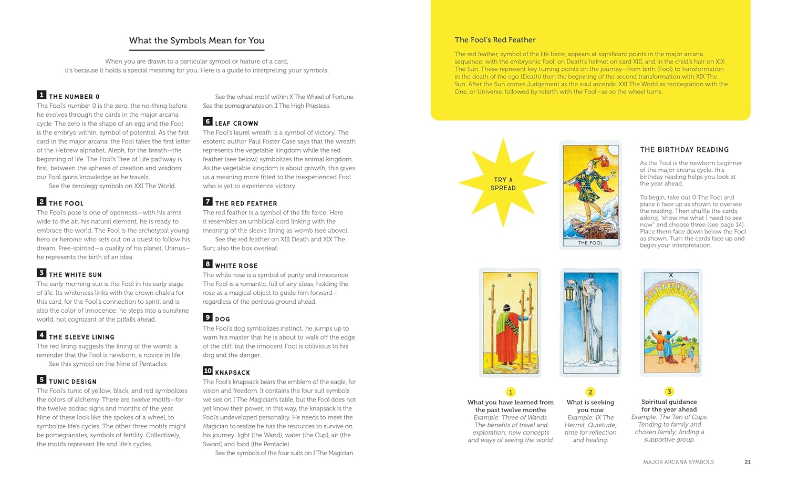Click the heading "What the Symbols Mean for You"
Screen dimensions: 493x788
[196, 40]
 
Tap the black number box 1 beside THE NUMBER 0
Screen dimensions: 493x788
[41, 95]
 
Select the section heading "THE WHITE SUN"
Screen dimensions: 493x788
[75, 275]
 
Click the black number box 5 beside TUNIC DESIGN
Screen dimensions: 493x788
[41, 379]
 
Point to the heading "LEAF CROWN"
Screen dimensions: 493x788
[236, 124]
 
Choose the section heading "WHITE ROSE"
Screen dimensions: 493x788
[236, 266]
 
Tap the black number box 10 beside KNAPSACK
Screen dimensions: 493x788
[208, 371]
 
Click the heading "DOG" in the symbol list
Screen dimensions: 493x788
[222, 319]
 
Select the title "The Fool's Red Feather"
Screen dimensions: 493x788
[495, 40]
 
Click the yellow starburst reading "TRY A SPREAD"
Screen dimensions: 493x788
[503, 183]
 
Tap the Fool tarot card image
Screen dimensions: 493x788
[590, 194]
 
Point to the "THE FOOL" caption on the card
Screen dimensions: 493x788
[590, 243]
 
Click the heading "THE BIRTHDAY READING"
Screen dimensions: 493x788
[684, 150]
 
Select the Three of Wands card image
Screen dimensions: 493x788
[510, 322]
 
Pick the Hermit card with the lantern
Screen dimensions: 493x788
[590, 322]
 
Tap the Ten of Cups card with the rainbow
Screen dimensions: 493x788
[671, 322]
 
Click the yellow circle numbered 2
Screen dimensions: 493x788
[590, 392]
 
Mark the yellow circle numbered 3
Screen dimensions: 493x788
[669, 392]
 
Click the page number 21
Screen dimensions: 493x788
[748, 462]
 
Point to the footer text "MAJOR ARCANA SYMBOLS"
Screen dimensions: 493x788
[678, 462]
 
